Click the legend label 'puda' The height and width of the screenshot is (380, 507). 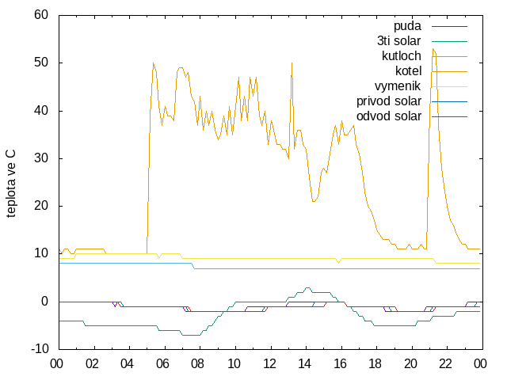coord(407,26)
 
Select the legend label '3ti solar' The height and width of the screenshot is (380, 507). coord(399,41)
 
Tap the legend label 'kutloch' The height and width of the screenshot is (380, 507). coord(402,56)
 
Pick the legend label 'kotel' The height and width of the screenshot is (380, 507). coord(409,70)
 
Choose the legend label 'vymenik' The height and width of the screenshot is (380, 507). coord(398,86)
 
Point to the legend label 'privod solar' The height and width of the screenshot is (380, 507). coord(389,101)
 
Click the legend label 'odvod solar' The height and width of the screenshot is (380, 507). coord(389,116)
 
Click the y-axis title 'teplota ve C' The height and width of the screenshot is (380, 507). coord(10,184)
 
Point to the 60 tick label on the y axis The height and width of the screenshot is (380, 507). coord(41,15)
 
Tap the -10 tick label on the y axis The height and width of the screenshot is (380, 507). coord(40,349)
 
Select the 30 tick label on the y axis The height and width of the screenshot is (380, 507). coord(41,158)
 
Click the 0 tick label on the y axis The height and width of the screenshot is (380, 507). coord(44,302)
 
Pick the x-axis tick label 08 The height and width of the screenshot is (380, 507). coord(197,364)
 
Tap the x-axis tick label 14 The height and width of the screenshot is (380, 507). coord(304,364)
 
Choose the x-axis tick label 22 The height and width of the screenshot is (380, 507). coord(445,364)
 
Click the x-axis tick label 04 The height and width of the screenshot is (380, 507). coord(127,364)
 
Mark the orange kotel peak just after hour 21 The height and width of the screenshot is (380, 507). coord(433,49)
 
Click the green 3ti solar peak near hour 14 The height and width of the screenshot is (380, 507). coord(307,287)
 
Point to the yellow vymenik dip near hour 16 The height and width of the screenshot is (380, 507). coord(338,263)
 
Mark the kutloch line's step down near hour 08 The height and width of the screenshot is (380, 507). coord(193,266)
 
